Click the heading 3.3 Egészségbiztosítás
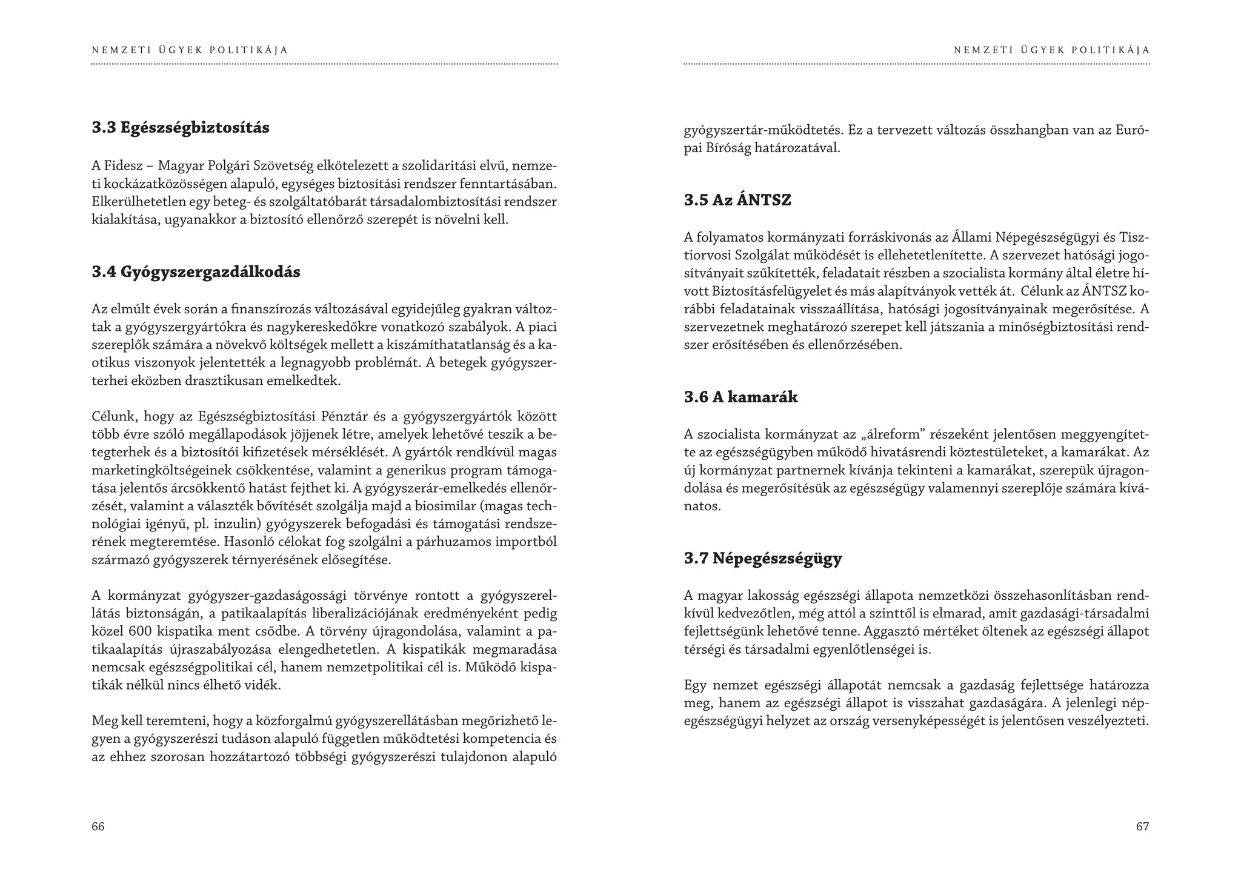coord(181,128)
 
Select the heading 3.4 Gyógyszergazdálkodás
coord(196,272)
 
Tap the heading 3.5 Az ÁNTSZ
coord(737,201)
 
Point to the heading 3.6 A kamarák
coord(740,397)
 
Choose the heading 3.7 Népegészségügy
coord(763,558)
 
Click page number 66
coord(98,826)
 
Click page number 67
coord(1142,826)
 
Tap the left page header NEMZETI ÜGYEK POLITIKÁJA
coord(190,50)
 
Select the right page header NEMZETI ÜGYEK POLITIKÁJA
coord(1051,50)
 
